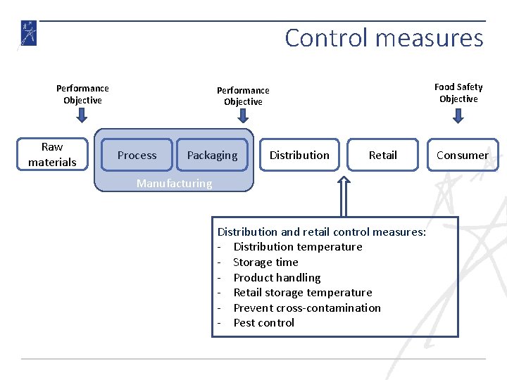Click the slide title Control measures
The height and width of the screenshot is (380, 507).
tap(384, 38)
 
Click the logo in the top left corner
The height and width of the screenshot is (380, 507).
tap(28, 34)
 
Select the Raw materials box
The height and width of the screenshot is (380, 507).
tap(52, 155)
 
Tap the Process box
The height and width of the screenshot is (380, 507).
tap(137, 155)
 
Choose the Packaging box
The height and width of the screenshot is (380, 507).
tap(212, 155)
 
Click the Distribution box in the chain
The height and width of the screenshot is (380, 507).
tap(299, 155)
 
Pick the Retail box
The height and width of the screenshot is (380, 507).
tap(382, 155)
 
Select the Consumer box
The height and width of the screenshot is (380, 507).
tap(462, 155)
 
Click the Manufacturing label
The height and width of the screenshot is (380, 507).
tap(174, 183)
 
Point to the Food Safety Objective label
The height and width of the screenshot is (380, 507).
tap(458, 93)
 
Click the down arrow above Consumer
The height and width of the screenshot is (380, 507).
tap(458, 115)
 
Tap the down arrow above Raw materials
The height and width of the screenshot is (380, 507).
tap(82, 116)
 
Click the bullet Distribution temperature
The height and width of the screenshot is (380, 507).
tap(297, 246)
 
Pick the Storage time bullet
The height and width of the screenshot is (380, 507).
tap(265, 262)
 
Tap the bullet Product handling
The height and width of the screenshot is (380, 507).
tap(277, 277)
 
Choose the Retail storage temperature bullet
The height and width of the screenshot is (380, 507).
tap(302, 292)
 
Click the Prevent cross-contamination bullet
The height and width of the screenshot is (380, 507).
tap(306, 308)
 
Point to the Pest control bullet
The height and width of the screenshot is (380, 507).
tap(263, 322)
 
